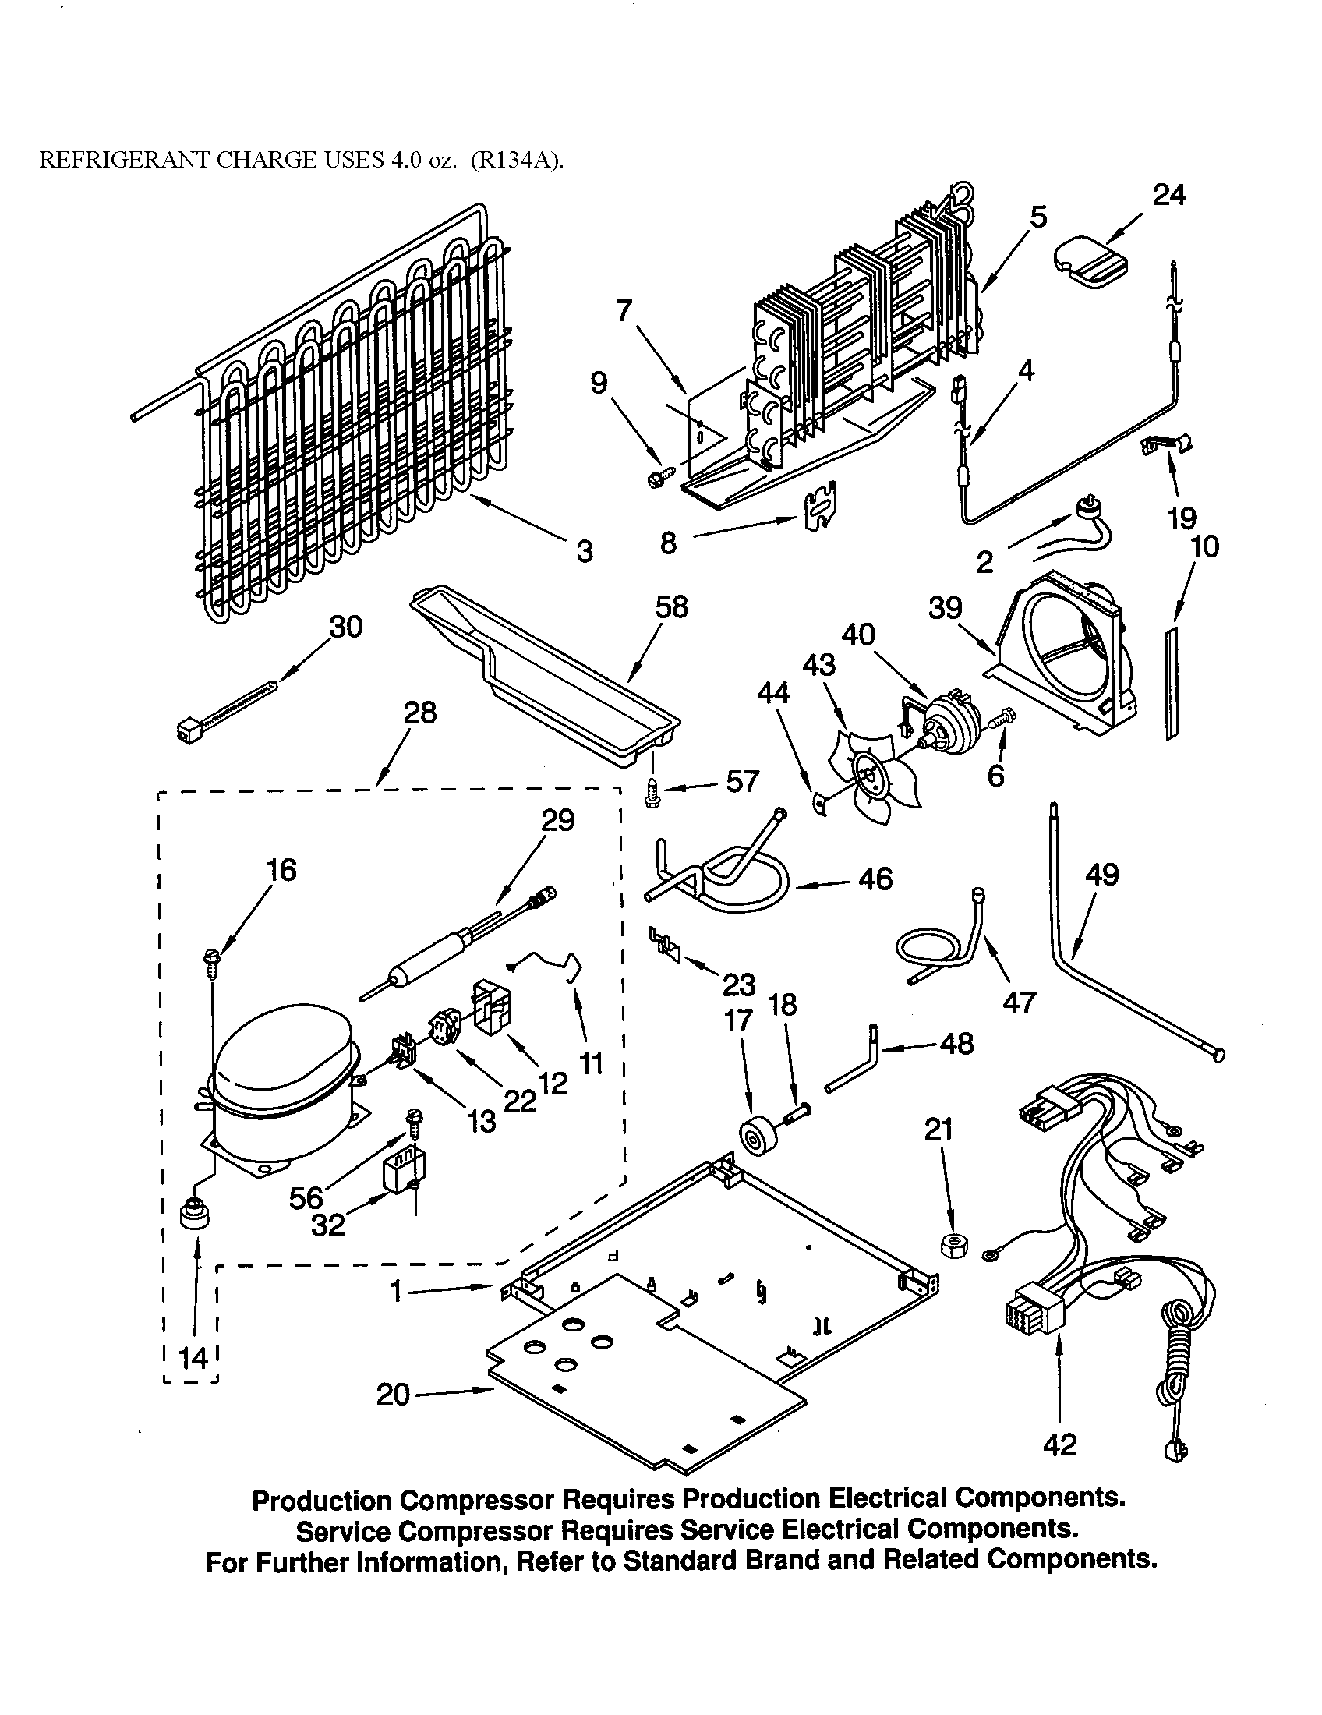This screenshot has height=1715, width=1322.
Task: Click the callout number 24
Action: click(x=1168, y=195)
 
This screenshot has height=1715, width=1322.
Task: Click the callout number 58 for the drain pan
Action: click(x=671, y=607)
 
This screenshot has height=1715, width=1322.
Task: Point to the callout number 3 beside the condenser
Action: click(x=584, y=552)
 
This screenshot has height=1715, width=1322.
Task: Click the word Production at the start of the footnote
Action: click(x=321, y=1501)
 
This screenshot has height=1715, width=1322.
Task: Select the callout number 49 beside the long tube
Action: click(x=1101, y=875)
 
